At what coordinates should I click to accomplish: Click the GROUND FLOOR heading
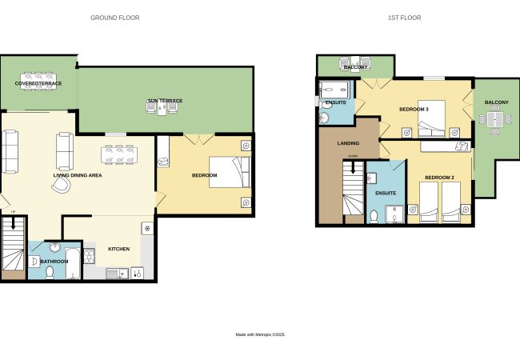coord(114,18)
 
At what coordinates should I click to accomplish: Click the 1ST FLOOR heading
coord(404,18)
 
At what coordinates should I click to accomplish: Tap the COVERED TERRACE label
coord(38,83)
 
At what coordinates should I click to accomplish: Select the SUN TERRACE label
coord(165,101)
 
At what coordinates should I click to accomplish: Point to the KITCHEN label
coord(118,249)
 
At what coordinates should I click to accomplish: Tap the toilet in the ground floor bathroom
coord(50,273)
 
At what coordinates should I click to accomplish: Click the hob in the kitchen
coord(89,256)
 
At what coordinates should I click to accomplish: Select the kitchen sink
coord(117,274)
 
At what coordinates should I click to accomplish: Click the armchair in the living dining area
coord(62,185)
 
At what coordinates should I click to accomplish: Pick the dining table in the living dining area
coord(119,155)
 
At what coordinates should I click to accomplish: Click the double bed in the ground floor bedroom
coord(230,172)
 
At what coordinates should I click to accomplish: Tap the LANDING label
coord(348,143)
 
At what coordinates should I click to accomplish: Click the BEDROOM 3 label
coord(414,109)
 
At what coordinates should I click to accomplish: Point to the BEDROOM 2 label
coord(439,178)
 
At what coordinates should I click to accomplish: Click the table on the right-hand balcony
coord(494,119)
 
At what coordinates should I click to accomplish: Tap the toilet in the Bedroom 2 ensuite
coord(374,217)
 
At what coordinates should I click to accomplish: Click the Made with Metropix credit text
coord(260,335)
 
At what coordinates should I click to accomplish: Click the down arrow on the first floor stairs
coord(353,168)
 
